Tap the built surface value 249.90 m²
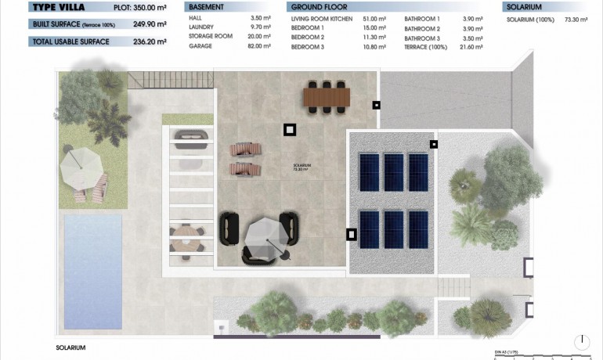(x=151, y=24)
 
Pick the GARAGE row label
(x=200, y=46)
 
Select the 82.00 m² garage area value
(x=258, y=46)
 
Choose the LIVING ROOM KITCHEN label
(x=322, y=18)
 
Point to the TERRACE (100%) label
(x=426, y=46)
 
